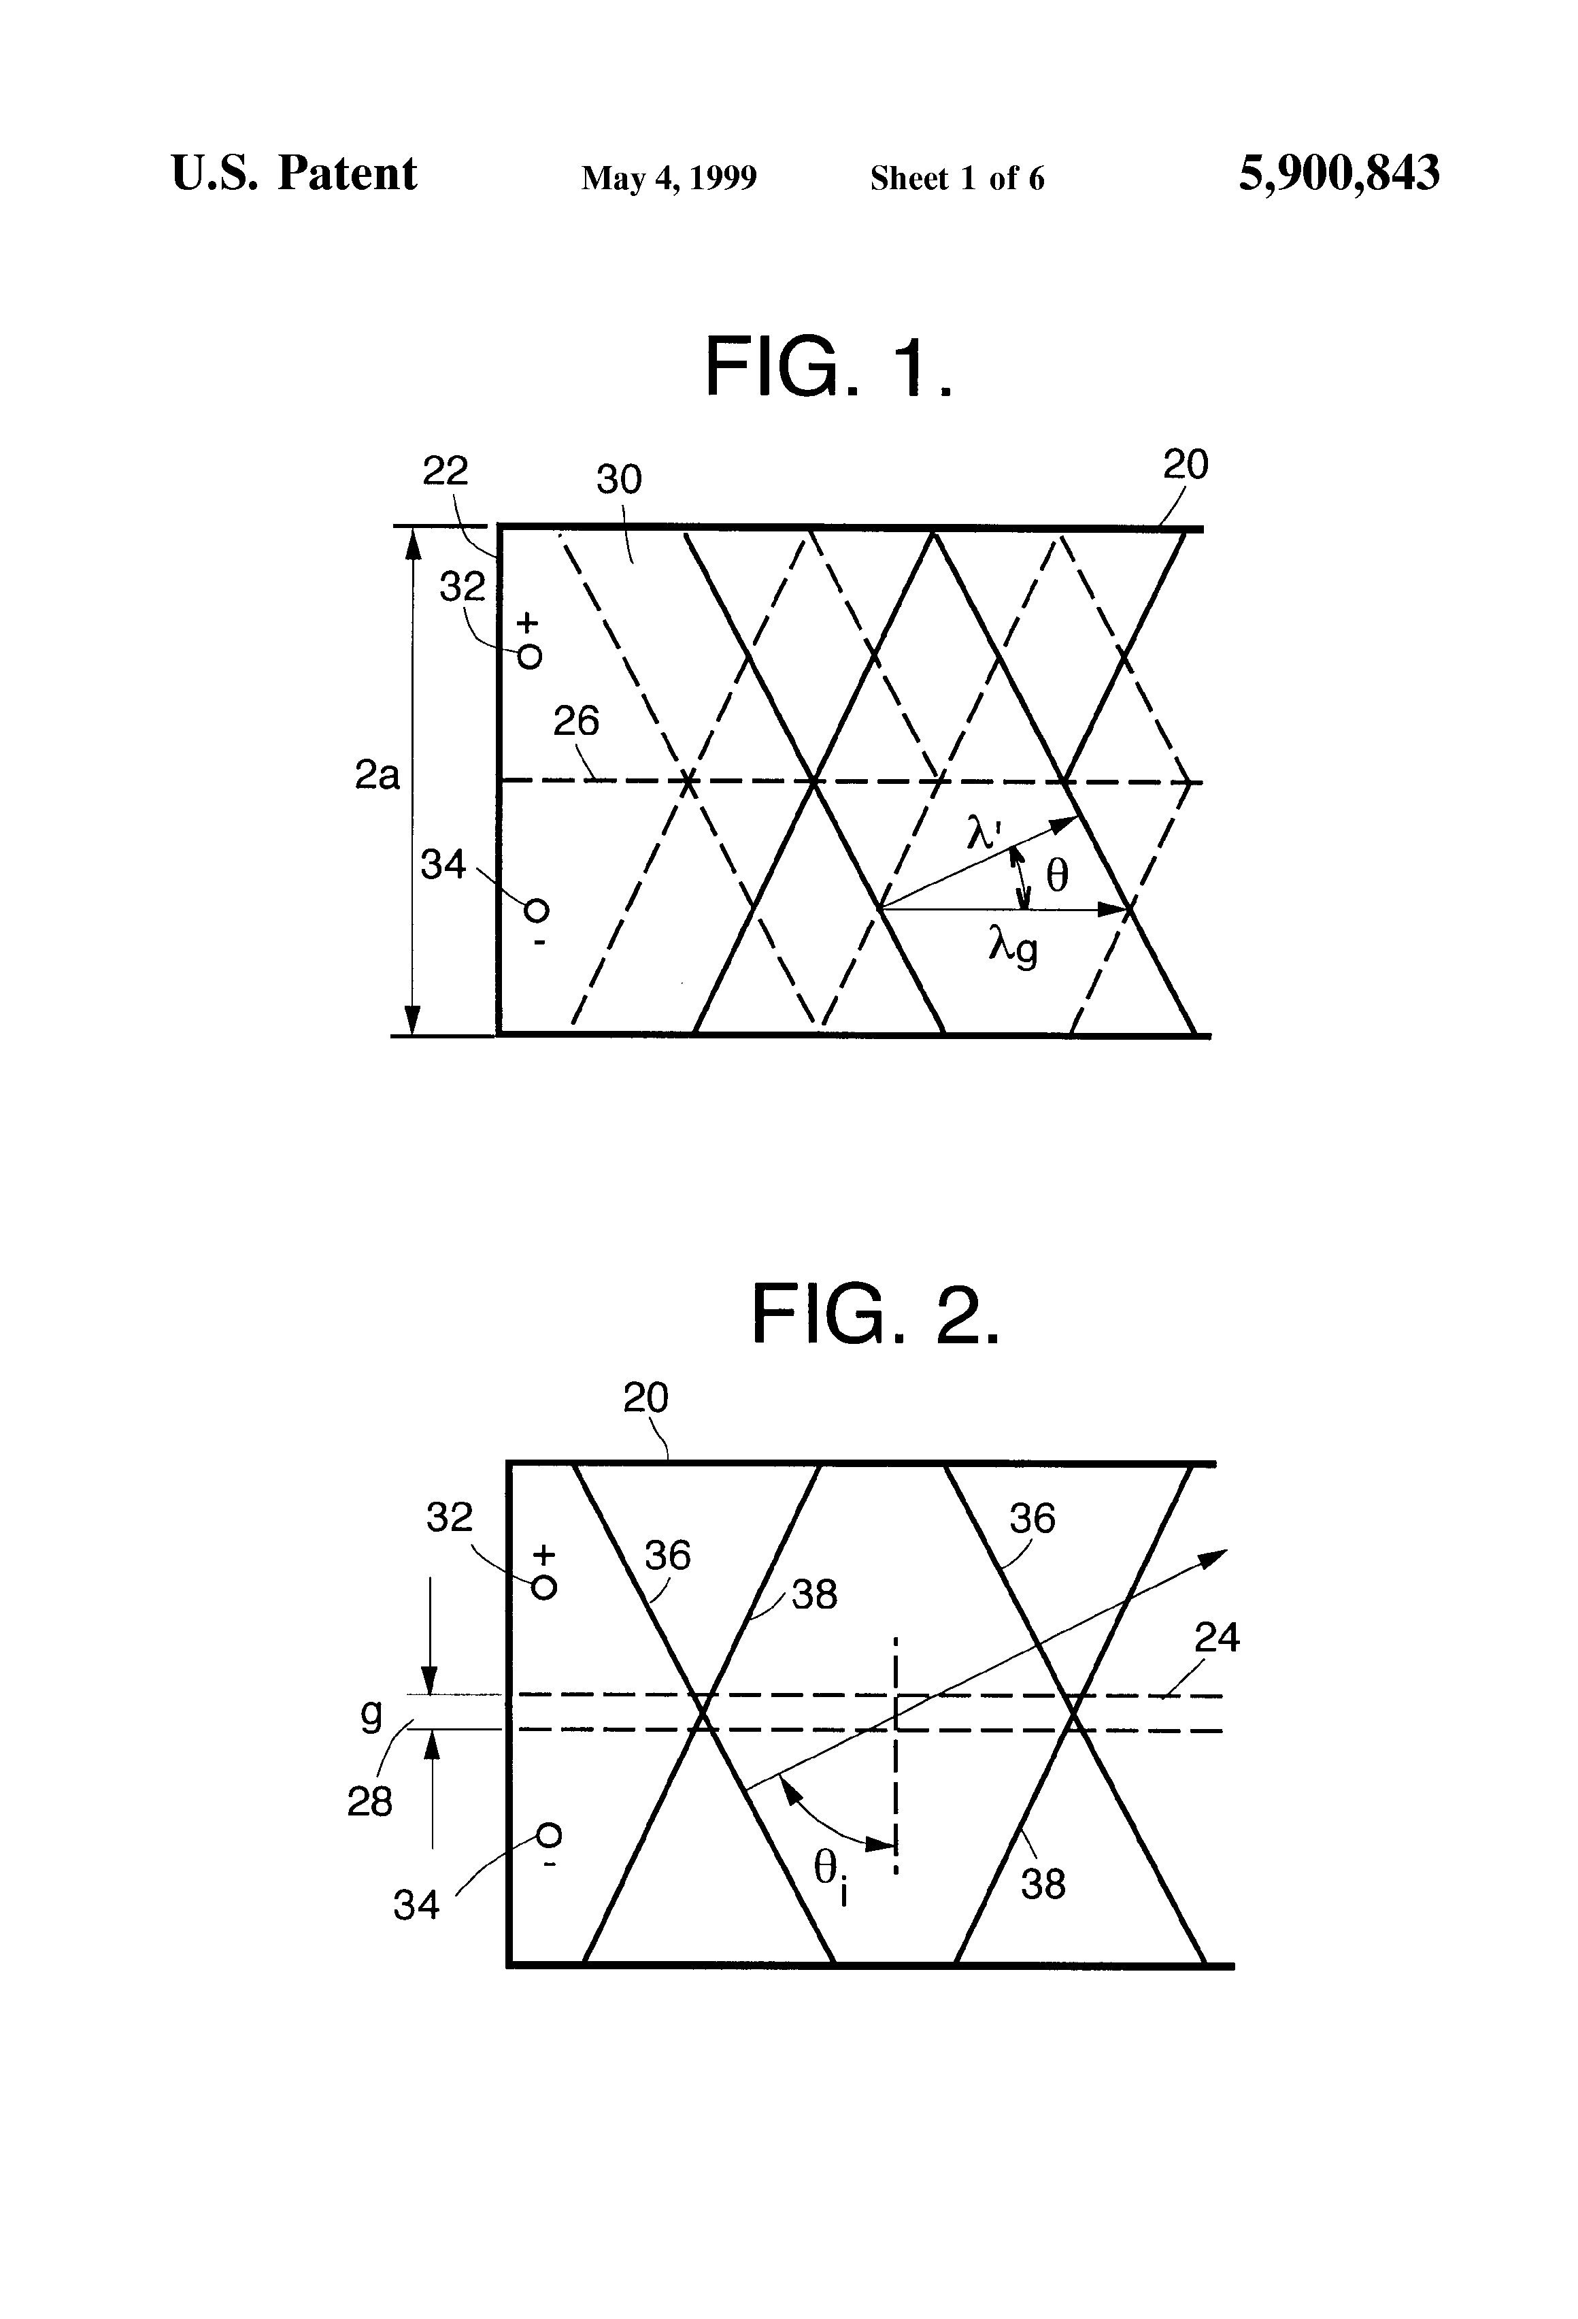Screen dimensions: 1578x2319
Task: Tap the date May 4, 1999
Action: tap(669, 178)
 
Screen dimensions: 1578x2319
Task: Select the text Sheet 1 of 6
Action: tap(958, 178)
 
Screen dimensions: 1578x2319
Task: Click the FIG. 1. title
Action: tap(830, 367)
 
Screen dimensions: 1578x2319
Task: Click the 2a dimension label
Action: tap(377, 774)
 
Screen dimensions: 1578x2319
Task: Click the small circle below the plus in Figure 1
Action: tap(530, 657)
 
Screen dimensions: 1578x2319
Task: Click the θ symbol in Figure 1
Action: tap(1056, 876)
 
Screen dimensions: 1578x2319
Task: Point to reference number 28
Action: tap(369, 1801)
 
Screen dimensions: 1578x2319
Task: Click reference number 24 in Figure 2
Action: tap(1217, 1637)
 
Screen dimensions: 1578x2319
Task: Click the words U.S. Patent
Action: tap(295, 174)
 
